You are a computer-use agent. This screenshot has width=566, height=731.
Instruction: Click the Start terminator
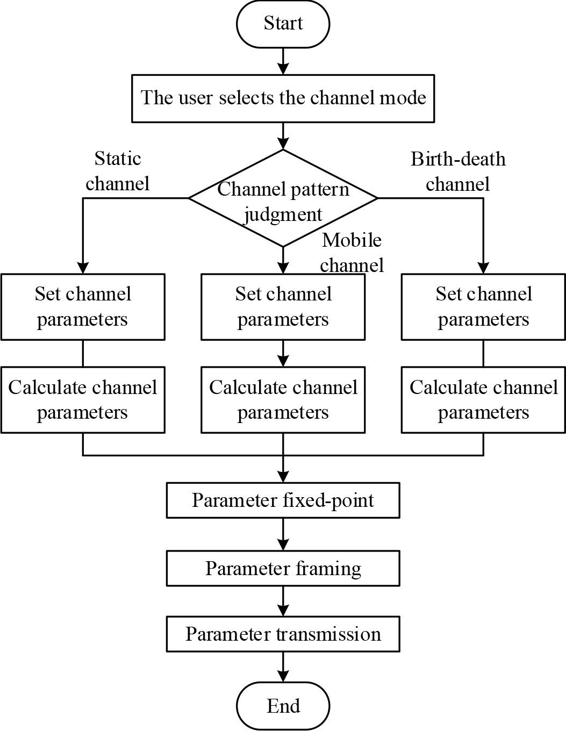pyautogui.click(x=283, y=24)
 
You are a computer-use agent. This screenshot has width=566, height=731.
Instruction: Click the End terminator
pyautogui.click(x=283, y=705)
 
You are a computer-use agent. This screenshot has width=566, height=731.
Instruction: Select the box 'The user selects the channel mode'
pyautogui.click(x=283, y=98)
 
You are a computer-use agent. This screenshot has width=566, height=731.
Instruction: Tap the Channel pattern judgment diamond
pyautogui.click(x=283, y=198)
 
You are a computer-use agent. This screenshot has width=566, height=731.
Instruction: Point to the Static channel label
pyautogui.click(x=117, y=171)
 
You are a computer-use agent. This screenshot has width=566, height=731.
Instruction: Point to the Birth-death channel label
pyautogui.click(x=458, y=171)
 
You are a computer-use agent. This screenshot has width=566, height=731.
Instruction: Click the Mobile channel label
pyautogui.click(x=352, y=252)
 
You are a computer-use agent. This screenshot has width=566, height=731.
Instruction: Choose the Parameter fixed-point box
pyautogui.click(x=283, y=500)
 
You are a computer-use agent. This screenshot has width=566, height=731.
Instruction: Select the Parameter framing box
pyautogui.click(x=283, y=568)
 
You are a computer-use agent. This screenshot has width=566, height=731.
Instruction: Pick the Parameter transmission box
pyautogui.click(x=283, y=634)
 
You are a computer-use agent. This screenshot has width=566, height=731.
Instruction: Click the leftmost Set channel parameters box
pyautogui.click(x=83, y=307)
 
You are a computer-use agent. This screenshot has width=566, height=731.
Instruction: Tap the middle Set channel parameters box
pyautogui.click(x=283, y=307)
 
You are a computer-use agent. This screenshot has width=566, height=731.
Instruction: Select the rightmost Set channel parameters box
pyautogui.click(x=483, y=307)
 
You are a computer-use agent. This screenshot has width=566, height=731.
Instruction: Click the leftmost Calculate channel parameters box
pyautogui.click(x=83, y=400)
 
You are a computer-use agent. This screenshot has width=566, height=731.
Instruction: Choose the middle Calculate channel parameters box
pyautogui.click(x=283, y=400)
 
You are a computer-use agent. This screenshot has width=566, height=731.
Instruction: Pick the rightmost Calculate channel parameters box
pyautogui.click(x=483, y=400)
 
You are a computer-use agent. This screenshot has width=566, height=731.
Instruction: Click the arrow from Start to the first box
pyautogui.click(x=283, y=61)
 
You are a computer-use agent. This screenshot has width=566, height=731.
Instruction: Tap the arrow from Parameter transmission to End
pyautogui.click(x=283, y=668)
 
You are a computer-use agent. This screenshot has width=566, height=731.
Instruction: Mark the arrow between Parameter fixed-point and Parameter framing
pyautogui.click(x=283, y=535)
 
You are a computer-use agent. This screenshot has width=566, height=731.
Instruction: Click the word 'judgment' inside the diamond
pyautogui.click(x=283, y=214)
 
